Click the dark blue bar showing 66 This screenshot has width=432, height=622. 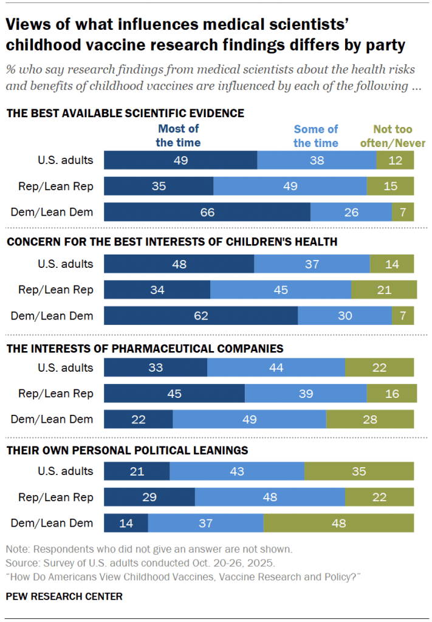[207, 212]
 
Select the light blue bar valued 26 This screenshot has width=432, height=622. [351, 212]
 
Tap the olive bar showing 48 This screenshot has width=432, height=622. [338, 523]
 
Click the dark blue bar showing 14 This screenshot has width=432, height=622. [126, 523]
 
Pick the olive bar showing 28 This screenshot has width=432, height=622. [370, 419]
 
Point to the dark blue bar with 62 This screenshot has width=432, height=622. [201, 316]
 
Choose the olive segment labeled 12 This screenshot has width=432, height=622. [395, 160]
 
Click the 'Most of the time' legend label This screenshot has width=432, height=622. [178, 135]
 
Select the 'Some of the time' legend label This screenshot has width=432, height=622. [316, 135]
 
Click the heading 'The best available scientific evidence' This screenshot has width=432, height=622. [125, 113]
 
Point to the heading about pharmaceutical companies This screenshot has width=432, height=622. [145, 349]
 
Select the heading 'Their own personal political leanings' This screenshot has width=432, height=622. [127, 450]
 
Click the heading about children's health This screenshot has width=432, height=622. [171, 242]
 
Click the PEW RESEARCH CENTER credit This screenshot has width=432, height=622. [64, 596]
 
